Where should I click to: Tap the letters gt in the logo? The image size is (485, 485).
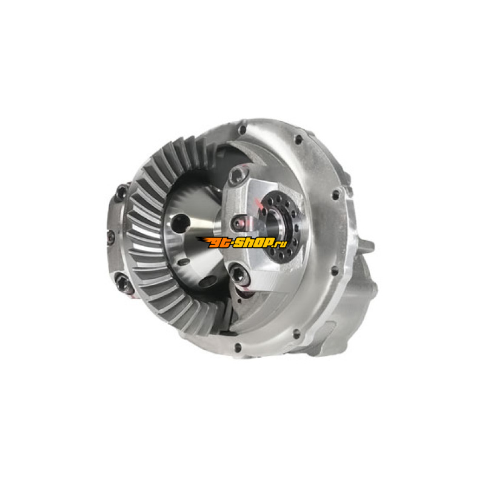219,243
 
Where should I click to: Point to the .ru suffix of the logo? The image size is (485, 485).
281,244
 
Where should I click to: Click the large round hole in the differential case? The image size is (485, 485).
180,223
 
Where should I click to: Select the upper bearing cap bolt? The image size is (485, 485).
238,175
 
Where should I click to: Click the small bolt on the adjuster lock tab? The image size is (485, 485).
238,223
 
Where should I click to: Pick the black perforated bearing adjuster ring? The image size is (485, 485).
280,226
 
